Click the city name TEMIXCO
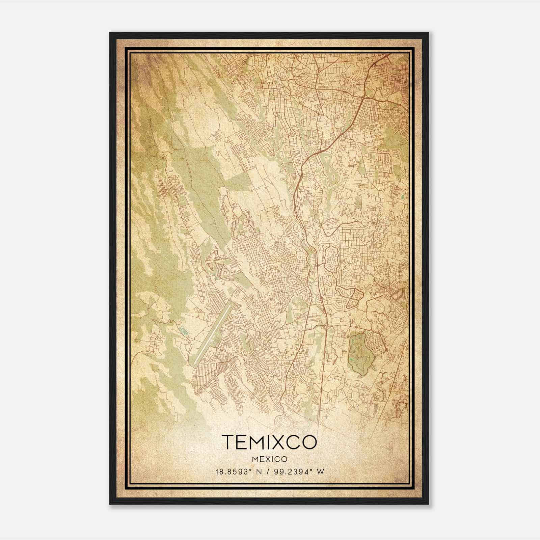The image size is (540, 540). coord(269,442)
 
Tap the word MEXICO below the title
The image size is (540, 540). coord(269,459)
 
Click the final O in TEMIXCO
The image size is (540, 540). coord(309,442)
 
